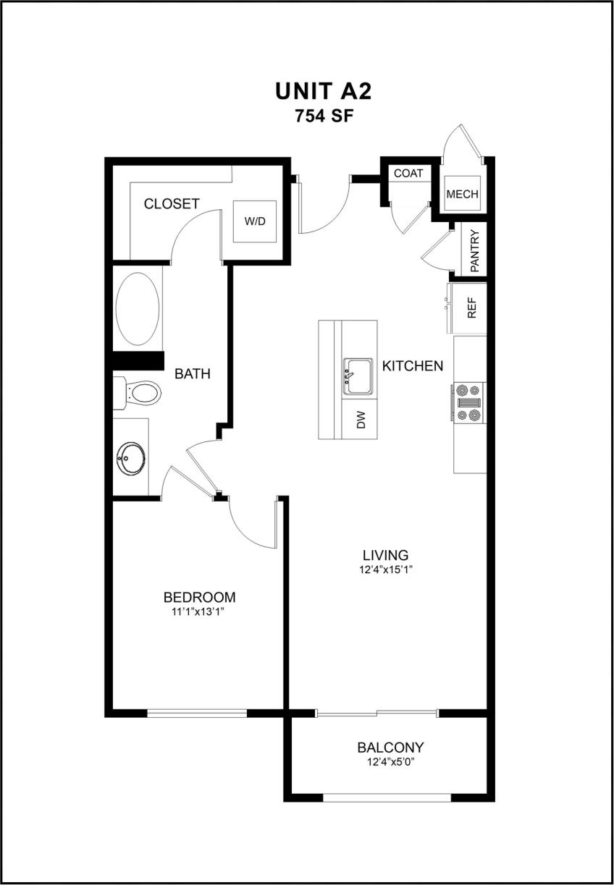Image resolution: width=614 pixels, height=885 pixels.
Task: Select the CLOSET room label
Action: [171, 204]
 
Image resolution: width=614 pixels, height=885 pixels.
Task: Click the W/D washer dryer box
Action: [254, 221]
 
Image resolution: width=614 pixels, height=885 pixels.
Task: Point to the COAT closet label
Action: [408, 174]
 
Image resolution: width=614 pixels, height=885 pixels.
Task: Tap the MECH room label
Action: [462, 194]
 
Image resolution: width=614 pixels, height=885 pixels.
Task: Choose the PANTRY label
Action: [475, 250]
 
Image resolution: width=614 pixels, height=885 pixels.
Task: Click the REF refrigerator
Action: [471, 310]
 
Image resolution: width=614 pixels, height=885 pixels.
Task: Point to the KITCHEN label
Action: [413, 366]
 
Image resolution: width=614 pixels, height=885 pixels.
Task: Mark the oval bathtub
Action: [138, 309]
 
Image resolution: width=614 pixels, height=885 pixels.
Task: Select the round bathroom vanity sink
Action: [131, 457]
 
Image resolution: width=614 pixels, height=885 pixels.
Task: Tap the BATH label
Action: [193, 374]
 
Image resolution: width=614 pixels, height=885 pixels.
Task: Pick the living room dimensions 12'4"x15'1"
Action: [385, 569]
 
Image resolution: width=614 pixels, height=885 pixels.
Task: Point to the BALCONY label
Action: [390, 748]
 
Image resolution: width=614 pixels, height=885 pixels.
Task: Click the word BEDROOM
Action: [199, 598]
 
